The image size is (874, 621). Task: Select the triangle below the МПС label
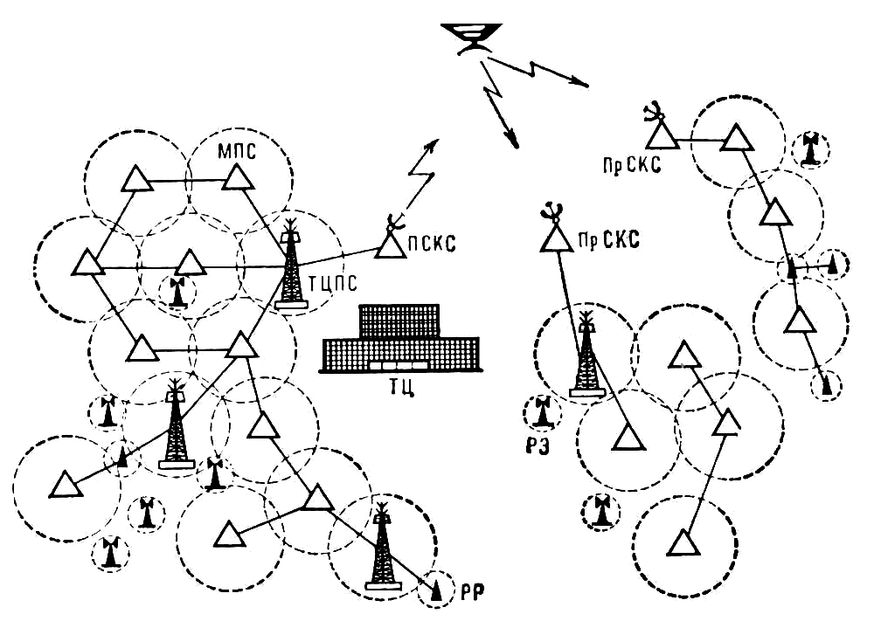[x=237, y=179]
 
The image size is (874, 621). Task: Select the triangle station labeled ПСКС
[x=390, y=245]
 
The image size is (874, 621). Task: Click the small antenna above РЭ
[x=543, y=412]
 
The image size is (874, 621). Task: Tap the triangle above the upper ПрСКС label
[x=660, y=133]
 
